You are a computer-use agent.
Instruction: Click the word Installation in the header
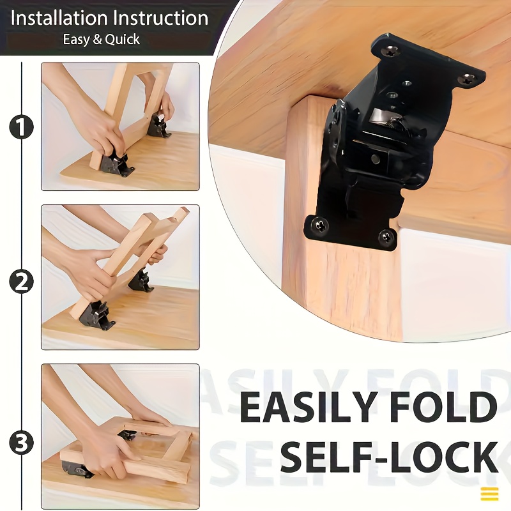click(59, 19)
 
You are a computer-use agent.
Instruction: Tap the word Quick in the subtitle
click(122, 40)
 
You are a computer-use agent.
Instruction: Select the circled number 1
click(22, 127)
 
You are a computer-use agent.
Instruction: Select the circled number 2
click(22, 282)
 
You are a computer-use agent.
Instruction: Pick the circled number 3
click(22, 443)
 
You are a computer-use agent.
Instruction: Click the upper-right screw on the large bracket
click(468, 79)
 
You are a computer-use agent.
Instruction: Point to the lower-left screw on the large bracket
click(321, 225)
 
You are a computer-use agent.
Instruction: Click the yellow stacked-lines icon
click(489, 494)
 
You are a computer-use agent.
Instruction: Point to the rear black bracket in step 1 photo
click(158, 125)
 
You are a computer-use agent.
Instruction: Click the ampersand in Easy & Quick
click(97, 40)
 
